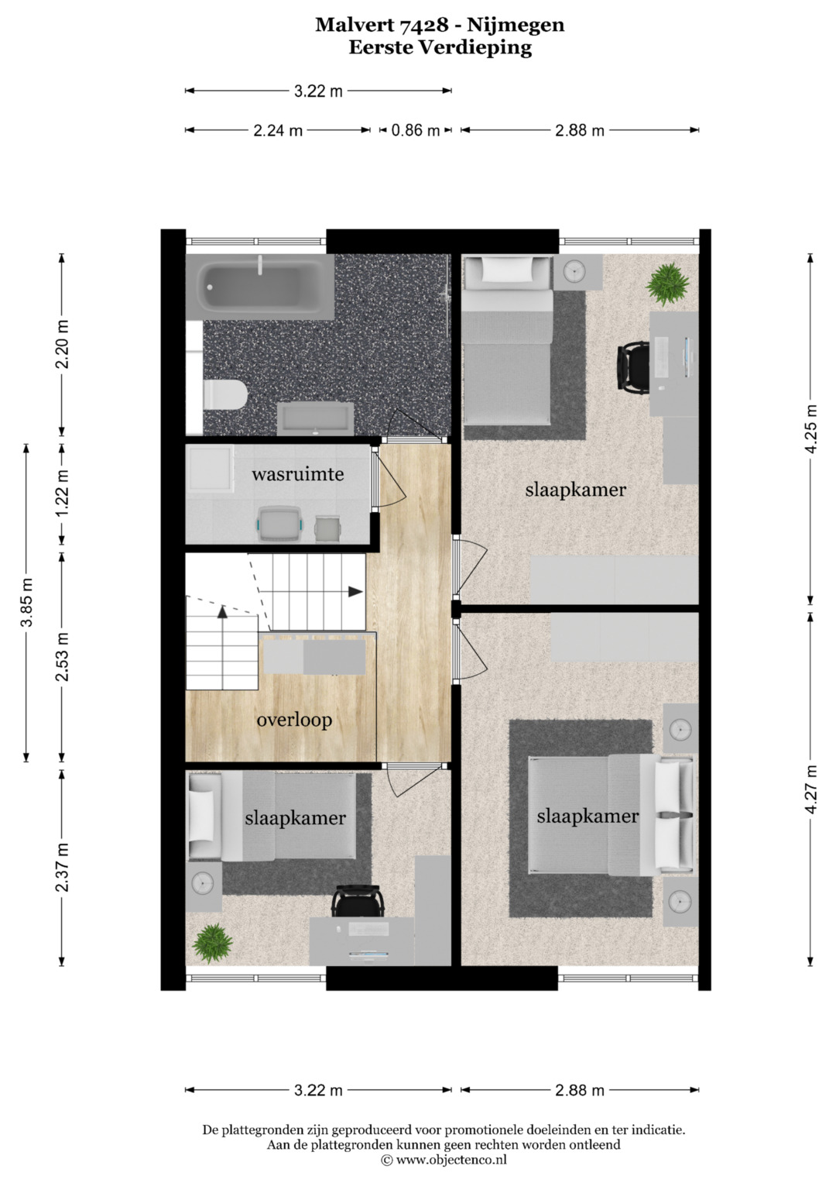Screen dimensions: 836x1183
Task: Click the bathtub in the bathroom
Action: click(x=259, y=287)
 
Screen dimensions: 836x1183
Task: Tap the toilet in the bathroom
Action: click(x=225, y=394)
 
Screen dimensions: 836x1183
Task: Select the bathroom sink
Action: click(x=316, y=419)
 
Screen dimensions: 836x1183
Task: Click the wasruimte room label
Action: click(x=298, y=473)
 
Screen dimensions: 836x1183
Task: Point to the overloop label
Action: click(x=294, y=720)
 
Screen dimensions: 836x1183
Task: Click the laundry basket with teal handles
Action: click(x=279, y=524)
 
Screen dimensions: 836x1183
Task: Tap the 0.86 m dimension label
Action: click(x=416, y=130)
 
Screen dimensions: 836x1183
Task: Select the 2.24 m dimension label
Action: click(x=278, y=130)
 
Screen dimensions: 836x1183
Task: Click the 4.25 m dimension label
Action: click(x=812, y=429)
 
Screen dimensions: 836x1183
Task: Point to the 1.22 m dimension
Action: click(x=62, y=494)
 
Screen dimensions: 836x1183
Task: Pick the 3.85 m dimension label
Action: click(x=26, y=603)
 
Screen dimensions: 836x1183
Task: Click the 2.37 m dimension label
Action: click(x=62, y=868)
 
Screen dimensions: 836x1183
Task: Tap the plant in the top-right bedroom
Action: click(x=667, y=284)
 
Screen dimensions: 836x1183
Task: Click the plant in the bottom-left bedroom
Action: click(x=212, y=944)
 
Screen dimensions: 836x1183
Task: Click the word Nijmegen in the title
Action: click(x=516, y=26)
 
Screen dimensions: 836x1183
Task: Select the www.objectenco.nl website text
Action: click(x=451, y=1161)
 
